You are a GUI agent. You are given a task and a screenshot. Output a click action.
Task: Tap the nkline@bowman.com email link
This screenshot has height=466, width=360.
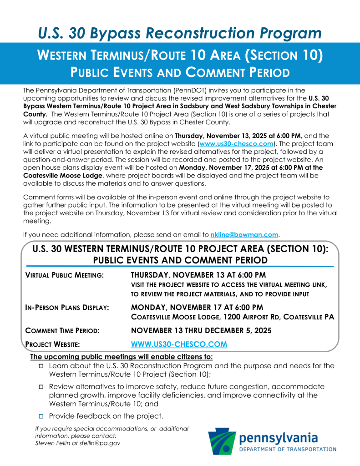click(x=244, y=235)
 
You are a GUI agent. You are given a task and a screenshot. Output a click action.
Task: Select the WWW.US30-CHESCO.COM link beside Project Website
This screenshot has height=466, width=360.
click(x=179, y=344)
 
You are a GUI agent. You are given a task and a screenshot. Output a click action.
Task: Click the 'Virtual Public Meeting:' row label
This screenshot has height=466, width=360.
click(x=64, y=275)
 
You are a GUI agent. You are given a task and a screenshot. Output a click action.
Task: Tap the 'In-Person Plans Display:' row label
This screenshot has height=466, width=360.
click(x=67, y=308)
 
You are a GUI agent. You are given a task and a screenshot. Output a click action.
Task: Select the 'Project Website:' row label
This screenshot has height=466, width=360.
click(x=53, y=345)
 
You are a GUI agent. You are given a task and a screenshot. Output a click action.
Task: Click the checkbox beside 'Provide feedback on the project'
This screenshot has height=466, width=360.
click(x=41, y=416)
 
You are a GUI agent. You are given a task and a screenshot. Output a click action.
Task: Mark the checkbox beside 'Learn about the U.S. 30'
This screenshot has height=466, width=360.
click(x=41, y=366)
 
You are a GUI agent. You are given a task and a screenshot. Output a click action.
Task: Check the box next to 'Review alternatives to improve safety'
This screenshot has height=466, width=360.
click(x=41, y=386)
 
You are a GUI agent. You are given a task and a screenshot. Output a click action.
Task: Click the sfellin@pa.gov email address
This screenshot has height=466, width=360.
click(x=99, y=443)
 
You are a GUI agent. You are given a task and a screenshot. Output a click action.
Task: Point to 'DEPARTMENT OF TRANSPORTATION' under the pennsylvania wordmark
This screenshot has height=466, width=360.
click(x=288, y=449)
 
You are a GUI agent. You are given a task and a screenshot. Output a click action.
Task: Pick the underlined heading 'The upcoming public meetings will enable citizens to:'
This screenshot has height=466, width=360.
click(x=122, y=357)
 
